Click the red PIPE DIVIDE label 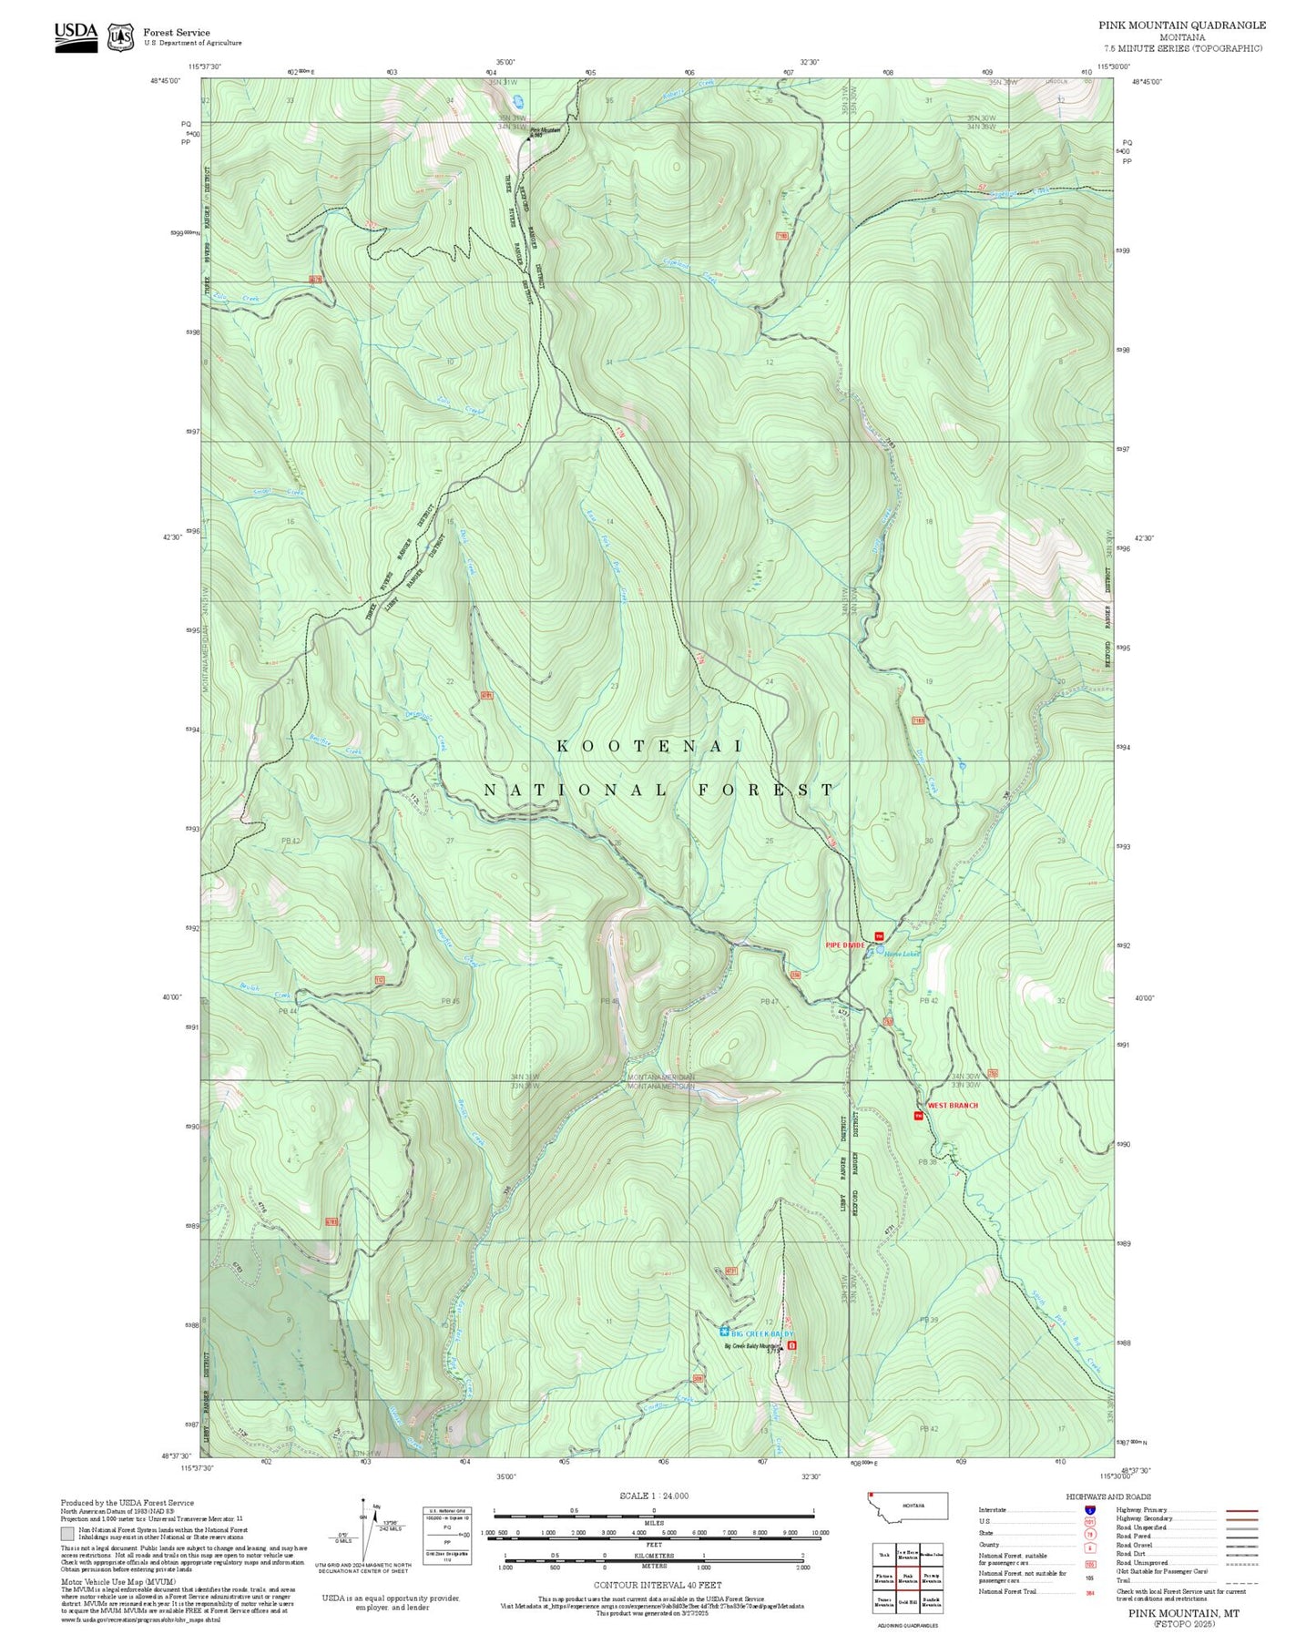[x=844, y=945]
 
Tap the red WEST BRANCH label [x=952, y=1105]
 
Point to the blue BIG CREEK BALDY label [x=762, y=1333]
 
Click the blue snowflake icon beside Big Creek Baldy [x=724, y=1332]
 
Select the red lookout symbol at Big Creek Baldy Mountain [x=791, y=1344]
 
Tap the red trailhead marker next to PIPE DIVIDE [x=879, y=936]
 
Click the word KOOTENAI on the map [x=649, y=746]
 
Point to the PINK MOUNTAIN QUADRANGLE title [x=1181, y=25]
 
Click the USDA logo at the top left [x=76, y=36]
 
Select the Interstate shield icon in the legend [x=1089, y=1509]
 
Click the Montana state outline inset [x=908, y=1506]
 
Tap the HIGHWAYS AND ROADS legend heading [x=1108, y=1496]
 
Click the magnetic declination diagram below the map [x=367, y=1530]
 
